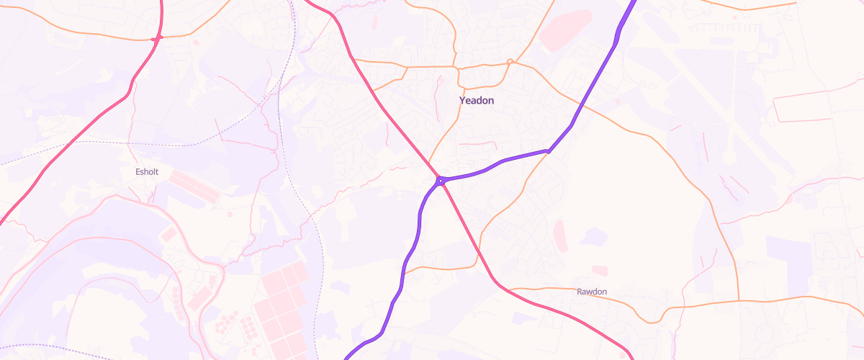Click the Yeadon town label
[477, 101]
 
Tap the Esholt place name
[147, 172]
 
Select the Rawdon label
[592, 292]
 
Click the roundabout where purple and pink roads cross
[440, 181]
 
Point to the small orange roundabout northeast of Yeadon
[510, 62]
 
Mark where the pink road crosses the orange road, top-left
[156, 37]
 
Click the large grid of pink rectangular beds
[285, 302]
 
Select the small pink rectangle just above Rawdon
[599, 270]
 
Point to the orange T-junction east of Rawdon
[739, 301]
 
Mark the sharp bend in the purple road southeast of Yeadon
[549, 151]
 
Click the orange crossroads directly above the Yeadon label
[456, 66]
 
